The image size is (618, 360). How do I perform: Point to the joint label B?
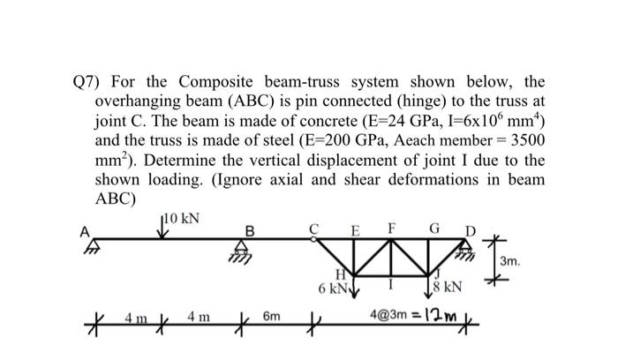(x=250, y=231)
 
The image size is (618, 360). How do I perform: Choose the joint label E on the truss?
(x=354, y=231)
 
